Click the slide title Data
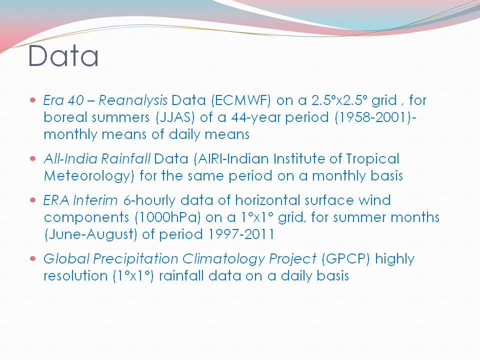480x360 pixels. click(x=63, y=55)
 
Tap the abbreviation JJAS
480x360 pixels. click(x=175, y=117)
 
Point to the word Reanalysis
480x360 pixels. click(x=133, y=101)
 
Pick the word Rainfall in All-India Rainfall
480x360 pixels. click(x=125, y=158)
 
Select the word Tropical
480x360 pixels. click(x=372, y=159)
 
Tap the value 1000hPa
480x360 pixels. click(x=167, y=217)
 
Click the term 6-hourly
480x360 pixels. click(x=149, y=201)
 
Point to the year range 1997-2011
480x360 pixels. click(x=241, y=234)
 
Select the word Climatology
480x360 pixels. click(x=223, y=259)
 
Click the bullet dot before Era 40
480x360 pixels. click(x=33, y=100)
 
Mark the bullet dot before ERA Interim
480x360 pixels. click(x=33, y=200)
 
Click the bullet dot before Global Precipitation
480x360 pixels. click(x=33, y=258)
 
